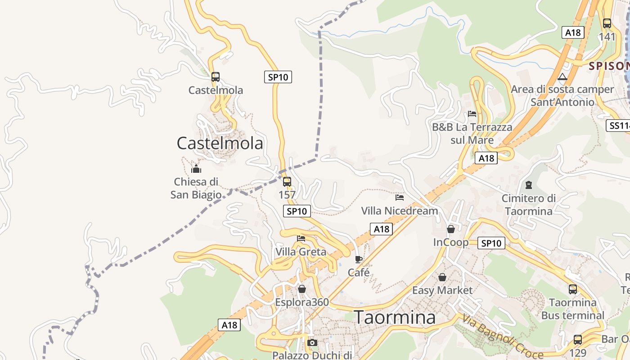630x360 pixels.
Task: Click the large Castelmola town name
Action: [220, 143]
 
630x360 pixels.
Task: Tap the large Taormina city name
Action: [395, 317]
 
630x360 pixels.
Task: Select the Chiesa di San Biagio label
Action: [196, 188]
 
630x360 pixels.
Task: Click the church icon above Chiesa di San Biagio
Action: [196, 169]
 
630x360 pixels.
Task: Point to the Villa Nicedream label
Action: [400, 211]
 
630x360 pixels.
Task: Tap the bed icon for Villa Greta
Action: [301, 238]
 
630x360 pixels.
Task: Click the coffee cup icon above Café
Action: [359, 259]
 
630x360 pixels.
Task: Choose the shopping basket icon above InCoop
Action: [451, 229]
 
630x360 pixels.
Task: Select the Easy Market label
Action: [442, 290]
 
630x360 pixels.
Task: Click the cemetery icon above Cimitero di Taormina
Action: [529, 184]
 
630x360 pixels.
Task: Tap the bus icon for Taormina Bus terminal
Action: [573, 289]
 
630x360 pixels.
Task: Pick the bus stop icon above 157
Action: [287, 182]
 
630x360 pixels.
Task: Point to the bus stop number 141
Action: [607, 36]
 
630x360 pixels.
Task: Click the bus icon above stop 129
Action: [578, 340]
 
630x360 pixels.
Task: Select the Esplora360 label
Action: [302, 302]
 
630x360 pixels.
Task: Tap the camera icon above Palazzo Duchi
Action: [312, 343]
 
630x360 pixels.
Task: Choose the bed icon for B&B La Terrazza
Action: [472, 114]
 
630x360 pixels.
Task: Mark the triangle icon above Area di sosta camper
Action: [562, 77]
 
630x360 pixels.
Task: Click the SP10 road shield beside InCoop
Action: [491, 243]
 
